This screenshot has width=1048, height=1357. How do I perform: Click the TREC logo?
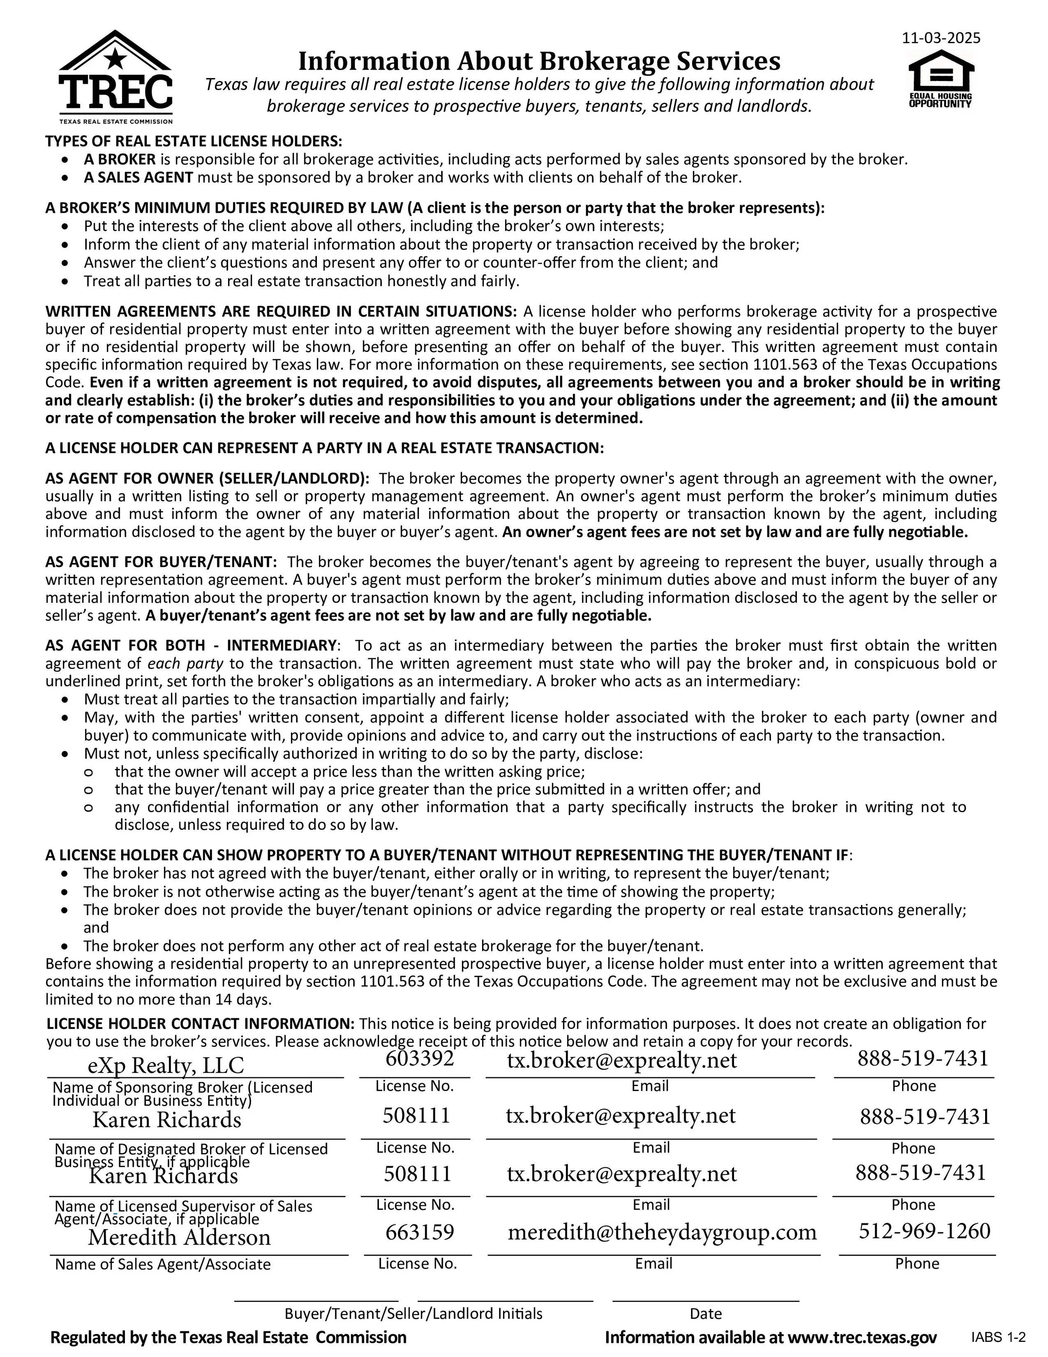coord(115,78)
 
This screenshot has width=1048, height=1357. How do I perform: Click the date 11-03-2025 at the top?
coord(941,38)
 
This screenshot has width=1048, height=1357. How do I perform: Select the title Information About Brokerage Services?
coord(539,61)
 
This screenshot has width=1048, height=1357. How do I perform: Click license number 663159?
coord(420,1231)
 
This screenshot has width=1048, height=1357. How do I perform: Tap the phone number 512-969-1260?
coord(924,1230)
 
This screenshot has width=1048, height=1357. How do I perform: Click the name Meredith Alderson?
coord(179,1237)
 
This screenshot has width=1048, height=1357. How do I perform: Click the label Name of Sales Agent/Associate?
coord(163,1264)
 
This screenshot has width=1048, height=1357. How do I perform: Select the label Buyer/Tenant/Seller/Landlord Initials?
coord(413,1313)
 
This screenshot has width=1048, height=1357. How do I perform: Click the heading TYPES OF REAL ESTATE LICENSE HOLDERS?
coord(193,141)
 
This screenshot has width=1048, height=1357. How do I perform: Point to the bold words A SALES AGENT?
coord(138,178)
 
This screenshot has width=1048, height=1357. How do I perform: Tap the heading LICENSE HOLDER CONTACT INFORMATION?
coord(200,1024)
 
